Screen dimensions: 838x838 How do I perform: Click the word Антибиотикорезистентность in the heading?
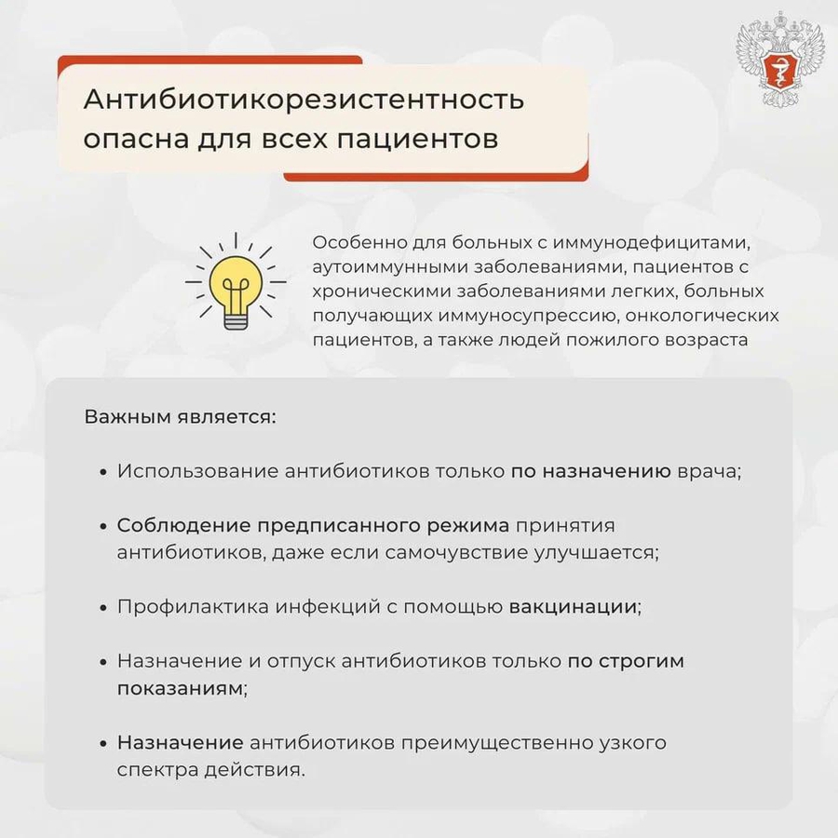(304, 99)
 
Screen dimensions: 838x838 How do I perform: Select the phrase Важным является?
(181, 415)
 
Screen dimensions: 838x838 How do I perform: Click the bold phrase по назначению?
(590, 470)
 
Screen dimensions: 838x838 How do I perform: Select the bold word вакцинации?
(573, 606)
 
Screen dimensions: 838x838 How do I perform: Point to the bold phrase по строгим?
(626, 661)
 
